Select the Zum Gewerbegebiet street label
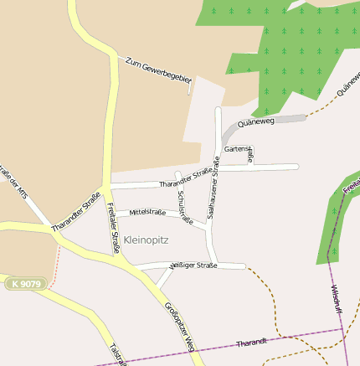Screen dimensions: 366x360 click(158, 73)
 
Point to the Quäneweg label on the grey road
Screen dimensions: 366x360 click(256, 122)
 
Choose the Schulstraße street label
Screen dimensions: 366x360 click(185, 208)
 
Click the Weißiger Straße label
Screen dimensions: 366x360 click(193, 265)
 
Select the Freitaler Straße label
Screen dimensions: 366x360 click(111, 227)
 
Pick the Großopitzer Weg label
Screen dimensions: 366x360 click(180, 326)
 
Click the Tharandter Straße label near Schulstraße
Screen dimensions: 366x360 click(185, 177)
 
